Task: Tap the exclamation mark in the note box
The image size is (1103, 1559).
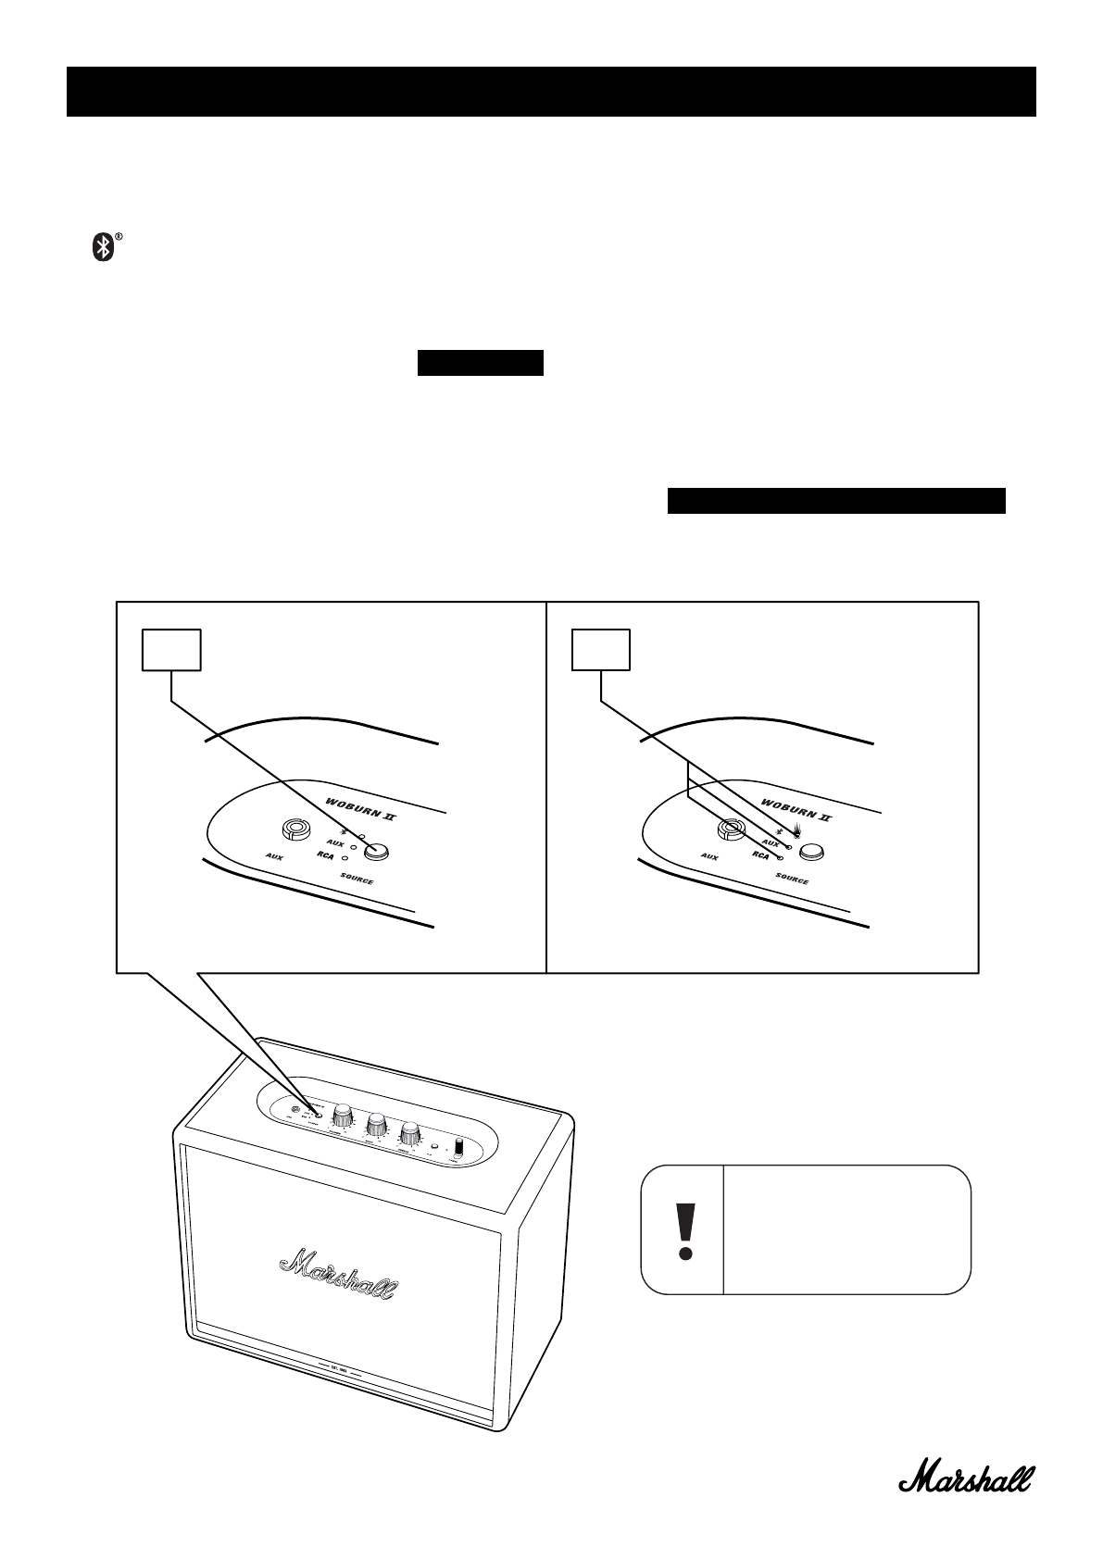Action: [x=684, y=1230]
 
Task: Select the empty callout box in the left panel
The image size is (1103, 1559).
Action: [x=171, y=650]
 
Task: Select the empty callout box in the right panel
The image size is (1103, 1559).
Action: [x=601, y=650]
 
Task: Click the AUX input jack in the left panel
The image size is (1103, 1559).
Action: [x=295, y=829]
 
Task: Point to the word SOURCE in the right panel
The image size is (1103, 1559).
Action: [x=791, y=878]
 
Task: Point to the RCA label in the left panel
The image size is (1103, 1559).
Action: [x=324, y=857]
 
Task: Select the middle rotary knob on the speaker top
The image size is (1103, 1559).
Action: [x=376, y=1125]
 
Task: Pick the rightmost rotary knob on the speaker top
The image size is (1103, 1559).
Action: [x=409, y=1134]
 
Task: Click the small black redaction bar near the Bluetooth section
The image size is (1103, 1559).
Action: [x=480, y=363]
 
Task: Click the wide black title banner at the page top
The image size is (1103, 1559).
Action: [x=551, y=92]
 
